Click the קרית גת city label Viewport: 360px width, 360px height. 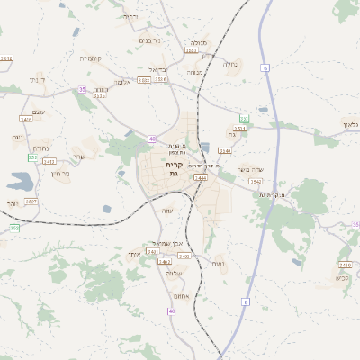(x=174, y=170)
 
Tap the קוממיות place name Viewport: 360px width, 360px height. (x=90, y=58)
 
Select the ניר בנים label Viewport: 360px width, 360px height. (x=149, y=40)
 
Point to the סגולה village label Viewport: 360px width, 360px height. (x=199, y=41)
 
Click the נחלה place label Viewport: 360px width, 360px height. (x=229, y=64)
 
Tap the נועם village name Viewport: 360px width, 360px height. (x=218, y=263)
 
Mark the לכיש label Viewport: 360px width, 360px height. (x=341, y=276)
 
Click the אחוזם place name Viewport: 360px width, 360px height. (x=179, y=296)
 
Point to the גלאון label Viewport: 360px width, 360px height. (x=349, y=123)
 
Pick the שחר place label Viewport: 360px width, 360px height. (x=79, y=157)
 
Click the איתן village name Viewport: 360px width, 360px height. (x=133, y=255)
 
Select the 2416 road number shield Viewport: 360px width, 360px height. (x=26, y=119)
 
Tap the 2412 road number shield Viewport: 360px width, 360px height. (x=49, y=161)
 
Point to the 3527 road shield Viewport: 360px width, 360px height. (x=31, y=202)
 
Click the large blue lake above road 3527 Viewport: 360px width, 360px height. (x=20, y=181)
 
